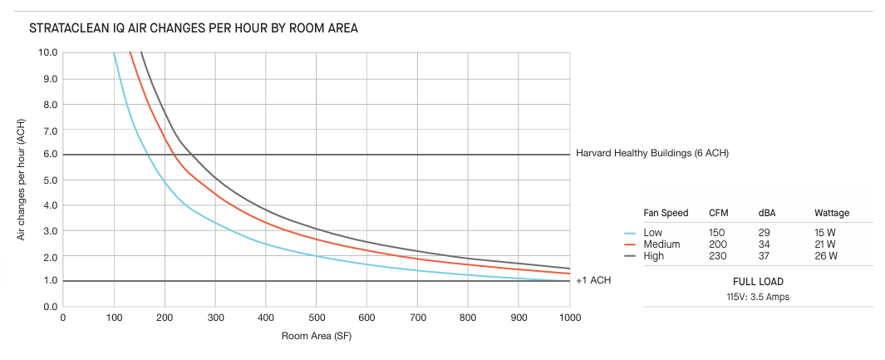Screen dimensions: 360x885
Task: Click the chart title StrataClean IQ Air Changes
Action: (193, 28)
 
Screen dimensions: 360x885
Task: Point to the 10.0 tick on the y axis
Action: (48, 52)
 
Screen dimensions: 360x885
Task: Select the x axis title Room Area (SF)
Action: (316, 337)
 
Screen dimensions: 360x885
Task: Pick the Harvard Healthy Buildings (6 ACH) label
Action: (651, 154)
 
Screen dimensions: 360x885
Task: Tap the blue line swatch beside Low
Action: (630, 233)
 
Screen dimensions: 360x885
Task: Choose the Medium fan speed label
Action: (662, 244)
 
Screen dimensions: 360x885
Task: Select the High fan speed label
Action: (655, 255)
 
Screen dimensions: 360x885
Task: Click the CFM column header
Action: (718, 214)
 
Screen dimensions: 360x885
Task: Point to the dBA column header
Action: (767, 214)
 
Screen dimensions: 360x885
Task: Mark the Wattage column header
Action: (832, 214)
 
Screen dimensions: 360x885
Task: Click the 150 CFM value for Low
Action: (716, 233)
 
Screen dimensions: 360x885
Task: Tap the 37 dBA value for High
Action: (764, 255)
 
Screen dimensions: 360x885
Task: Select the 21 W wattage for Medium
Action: (825, 244)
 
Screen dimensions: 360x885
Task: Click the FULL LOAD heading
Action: (758, 282)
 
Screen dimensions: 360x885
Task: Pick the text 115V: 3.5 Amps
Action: (758, 296)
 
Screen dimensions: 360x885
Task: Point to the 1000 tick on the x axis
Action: (570, 318)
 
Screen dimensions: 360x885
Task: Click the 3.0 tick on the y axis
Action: (48, 230)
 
